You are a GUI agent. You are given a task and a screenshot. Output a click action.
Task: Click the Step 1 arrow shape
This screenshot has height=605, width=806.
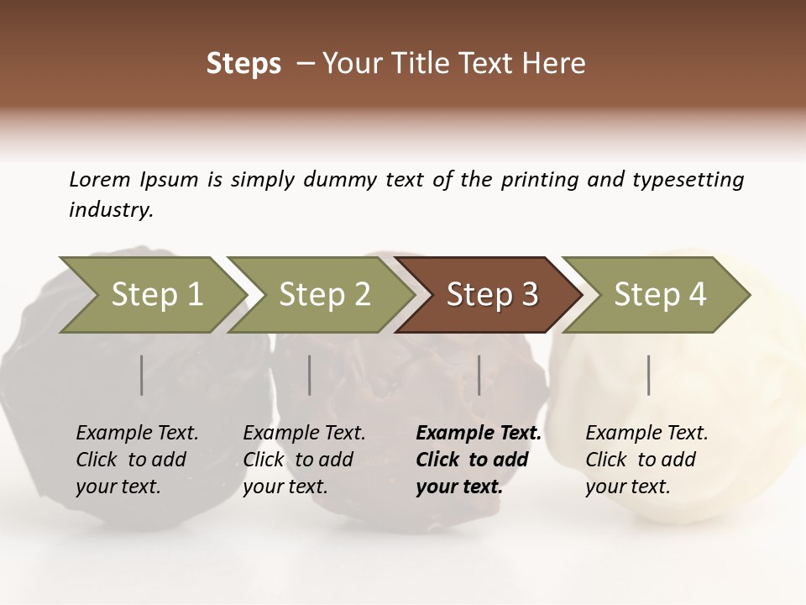coord(151,295)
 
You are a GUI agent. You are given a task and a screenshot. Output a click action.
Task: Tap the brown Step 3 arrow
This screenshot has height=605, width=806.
coord(489,295)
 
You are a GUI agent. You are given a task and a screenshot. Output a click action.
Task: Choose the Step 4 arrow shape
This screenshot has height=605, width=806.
coord(657,295)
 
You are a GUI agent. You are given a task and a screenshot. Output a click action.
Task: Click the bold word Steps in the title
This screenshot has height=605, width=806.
coord(243,64)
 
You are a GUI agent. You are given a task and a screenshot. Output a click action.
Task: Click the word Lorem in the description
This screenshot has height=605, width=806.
coord(100,179)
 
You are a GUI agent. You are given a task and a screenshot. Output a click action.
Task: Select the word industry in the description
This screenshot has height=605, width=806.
coord(111,209)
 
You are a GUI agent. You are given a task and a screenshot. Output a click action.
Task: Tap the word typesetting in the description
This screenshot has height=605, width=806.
coord(688,180)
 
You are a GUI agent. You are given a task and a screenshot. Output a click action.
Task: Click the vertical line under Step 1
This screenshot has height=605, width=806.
coord(142,375)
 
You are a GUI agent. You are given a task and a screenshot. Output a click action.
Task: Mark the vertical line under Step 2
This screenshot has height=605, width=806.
coord(310,375)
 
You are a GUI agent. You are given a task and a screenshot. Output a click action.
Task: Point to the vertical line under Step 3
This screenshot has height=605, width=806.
coord(479,375)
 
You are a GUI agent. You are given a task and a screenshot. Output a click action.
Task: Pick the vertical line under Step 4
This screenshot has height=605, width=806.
coord(648,375)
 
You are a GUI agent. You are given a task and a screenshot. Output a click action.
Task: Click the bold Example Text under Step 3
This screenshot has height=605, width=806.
coord(479,433)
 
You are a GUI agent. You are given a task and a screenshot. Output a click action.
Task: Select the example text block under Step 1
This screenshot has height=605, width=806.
coord(137,460)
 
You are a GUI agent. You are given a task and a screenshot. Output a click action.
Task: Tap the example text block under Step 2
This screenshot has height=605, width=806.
coord(304,460)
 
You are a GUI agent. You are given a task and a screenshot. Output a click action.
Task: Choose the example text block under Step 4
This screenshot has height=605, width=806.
coord(646,460)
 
